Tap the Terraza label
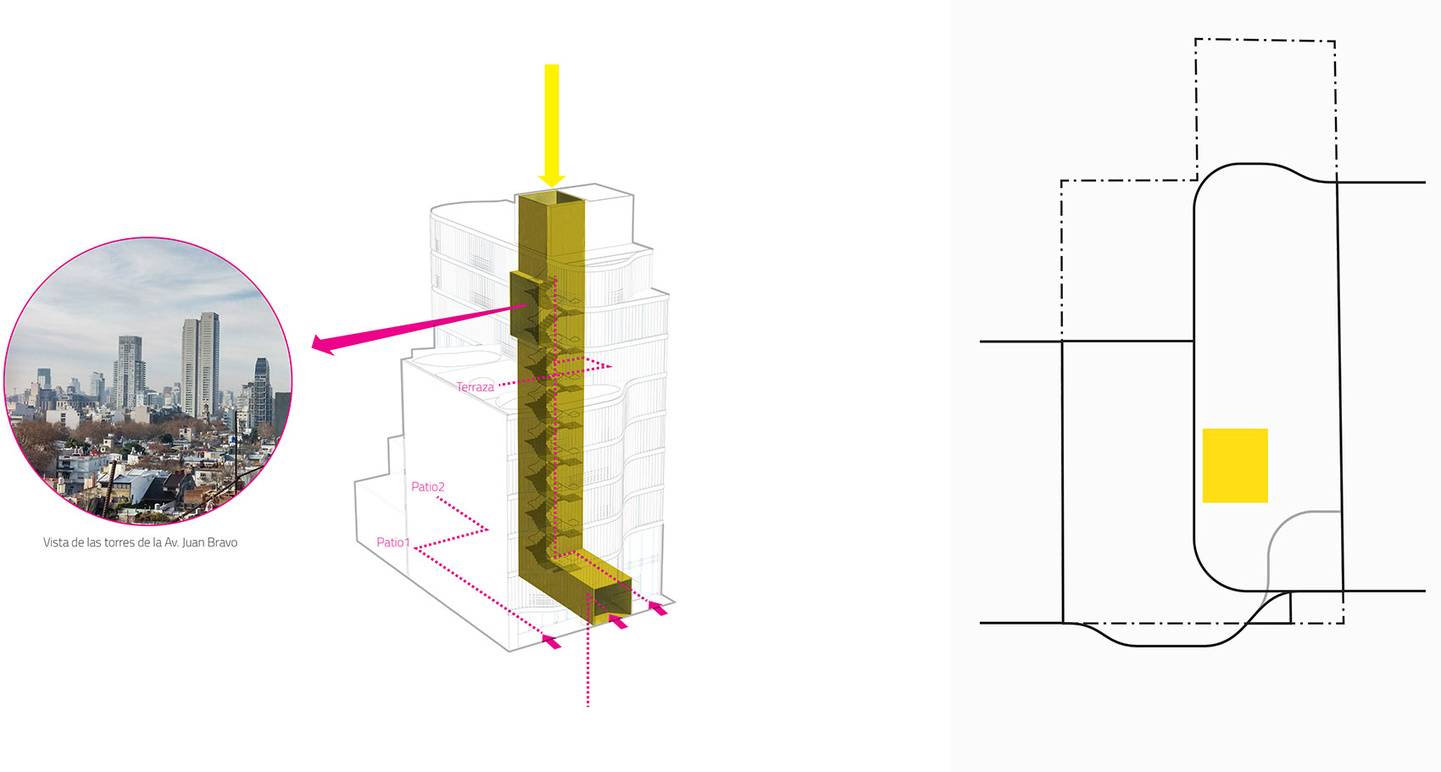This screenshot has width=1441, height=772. pos(475,387)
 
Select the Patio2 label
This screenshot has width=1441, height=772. pos(428,486)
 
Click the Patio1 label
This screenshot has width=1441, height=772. pos(393,542)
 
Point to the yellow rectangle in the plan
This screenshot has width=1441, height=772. pos(1235,465)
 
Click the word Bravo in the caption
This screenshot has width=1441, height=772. pos(221,542)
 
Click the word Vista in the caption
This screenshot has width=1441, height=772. pos(56,542)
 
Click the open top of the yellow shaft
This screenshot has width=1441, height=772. pos(552,199)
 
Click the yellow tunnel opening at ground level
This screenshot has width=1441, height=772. pos(612,603)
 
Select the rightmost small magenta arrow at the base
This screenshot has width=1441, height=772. pos(658,608)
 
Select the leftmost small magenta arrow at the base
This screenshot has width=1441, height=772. pos(551,641)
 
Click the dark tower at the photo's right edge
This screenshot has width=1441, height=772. pos(263,390)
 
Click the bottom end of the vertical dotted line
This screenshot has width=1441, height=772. pos(587,703)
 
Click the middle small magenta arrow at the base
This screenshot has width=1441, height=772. pos(619,623)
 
